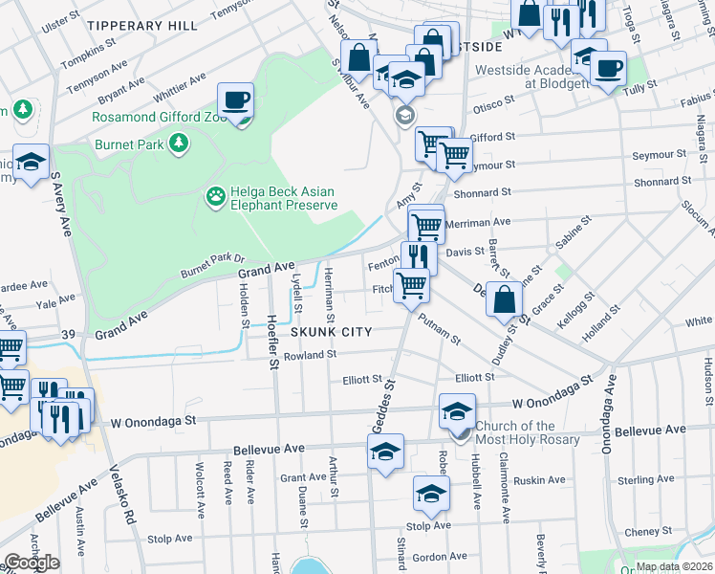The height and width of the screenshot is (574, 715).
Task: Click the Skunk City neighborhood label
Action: [x=331, y=331]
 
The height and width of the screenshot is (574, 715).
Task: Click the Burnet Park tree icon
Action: [x=177, y=143]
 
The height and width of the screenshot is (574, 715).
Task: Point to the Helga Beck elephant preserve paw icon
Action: [x=216, y=197]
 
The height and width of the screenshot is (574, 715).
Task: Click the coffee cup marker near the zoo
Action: [x=235, y=100]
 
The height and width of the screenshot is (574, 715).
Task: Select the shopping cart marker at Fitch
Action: [x=411, y=284]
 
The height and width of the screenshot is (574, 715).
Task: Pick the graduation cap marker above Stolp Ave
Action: [x=431, y=494]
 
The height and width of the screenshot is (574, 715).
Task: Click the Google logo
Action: [x=32, y=563]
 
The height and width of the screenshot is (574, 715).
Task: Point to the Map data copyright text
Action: [x=673, y=566]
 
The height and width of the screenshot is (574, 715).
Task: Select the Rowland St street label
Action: [x=311, y=355]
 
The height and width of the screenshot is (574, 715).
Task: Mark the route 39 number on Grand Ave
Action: [x=67, y=333]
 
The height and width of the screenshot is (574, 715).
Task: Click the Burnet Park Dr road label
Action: [x=212, y=266]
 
